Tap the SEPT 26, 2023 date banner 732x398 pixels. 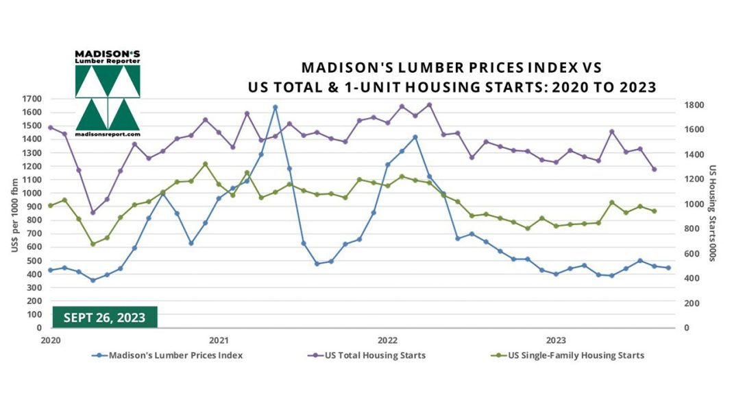click(x=105, y=317)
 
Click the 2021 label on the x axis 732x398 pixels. click(x=219, y=340)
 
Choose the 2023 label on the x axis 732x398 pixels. click(x=556, y=340)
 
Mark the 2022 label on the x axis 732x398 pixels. click(x=387, y=340)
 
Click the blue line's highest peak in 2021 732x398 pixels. click(x=275, y=107)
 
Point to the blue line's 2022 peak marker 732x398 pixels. click(x=415, y=137)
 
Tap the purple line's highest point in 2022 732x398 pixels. click(x=429, y=105)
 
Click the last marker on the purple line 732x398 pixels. click(x=654, y=169)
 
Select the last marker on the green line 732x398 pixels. click(x=654, y=211)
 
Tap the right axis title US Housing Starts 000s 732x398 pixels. click(x=713, y=213)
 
